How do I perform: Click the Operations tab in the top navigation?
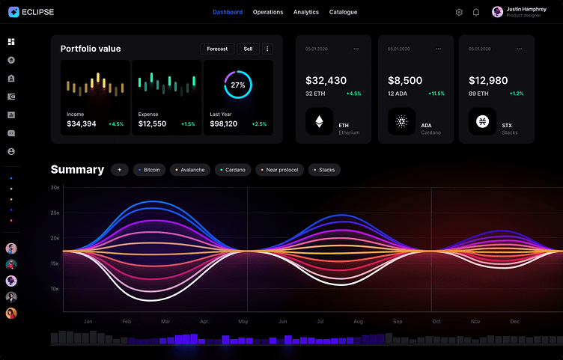coord(268,12)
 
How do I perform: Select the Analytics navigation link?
coord(305,12)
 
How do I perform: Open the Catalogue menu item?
coord(343,12)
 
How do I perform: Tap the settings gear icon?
coord(459,12)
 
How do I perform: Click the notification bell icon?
coord(475,12)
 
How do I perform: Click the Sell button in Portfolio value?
coord(248,49)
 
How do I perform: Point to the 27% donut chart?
coord(238,85)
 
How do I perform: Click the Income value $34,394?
coord(82,123)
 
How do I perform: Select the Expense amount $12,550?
coord(153,123)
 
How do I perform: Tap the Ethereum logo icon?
coord(320,121)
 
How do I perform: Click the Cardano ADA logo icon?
coord(401,121)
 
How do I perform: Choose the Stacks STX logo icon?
coord(482,121)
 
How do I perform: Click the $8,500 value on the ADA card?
coord(405,80)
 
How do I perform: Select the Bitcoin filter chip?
coord(150,170)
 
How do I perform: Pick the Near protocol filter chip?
coord(280,170)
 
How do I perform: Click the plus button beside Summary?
coord(120,170)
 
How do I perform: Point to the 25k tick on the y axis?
coord(55,213)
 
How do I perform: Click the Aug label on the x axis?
coord(359,321)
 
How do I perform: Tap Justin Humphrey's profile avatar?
coord(497,12)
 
